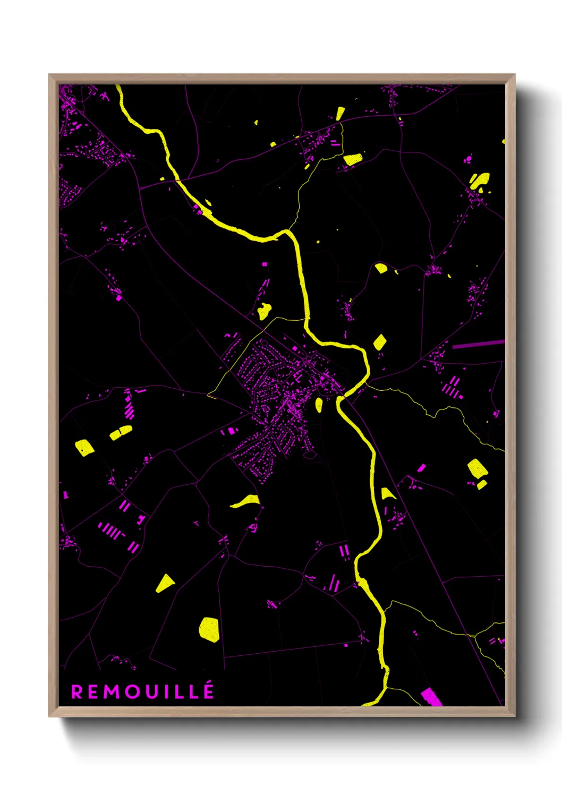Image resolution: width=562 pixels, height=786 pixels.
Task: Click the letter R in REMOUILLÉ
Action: tap(77, 692)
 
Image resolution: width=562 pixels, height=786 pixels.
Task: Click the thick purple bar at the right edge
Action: tap(478, 345)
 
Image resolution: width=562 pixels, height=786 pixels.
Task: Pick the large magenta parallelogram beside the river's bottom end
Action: tap(431, 697)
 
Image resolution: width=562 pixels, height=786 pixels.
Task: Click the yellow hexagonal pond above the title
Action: tap(209, 629)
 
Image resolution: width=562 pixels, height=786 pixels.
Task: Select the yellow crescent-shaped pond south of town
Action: tap(246, 501)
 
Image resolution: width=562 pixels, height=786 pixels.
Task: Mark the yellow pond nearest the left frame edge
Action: tap(84, 447)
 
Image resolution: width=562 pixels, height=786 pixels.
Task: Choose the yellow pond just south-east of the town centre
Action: tap(319, 405)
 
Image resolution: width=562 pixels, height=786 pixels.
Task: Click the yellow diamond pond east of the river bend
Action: tap(380, 341)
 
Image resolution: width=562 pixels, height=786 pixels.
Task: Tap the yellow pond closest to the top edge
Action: tap(340, 113)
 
